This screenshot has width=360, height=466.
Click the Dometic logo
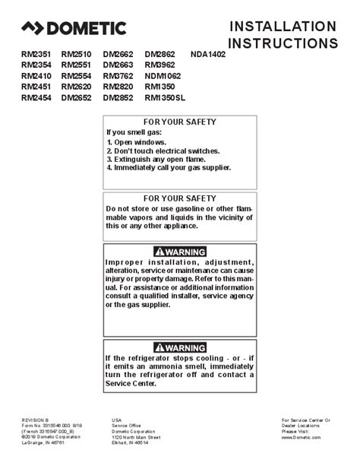73,30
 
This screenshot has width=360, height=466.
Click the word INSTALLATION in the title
283,27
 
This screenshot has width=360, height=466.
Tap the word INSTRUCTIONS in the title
283,43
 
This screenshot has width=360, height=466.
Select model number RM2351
37,55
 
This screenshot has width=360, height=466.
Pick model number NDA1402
210,55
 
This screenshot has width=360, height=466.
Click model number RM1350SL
167,98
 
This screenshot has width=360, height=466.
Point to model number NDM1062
163,77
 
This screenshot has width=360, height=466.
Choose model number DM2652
78,98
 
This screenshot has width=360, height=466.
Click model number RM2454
37,98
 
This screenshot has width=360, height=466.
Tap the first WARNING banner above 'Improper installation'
180,252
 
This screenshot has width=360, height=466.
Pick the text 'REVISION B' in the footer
36,420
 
